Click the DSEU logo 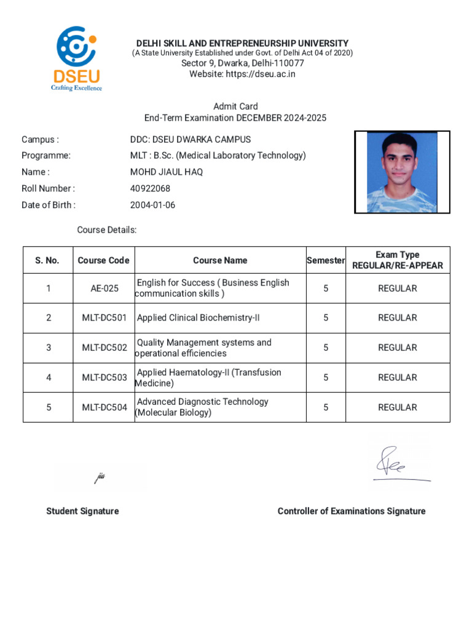point(76,58)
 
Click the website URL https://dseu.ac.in point(264,74)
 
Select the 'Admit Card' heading point(235,106)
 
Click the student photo point(402,172)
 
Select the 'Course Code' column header point(103,260)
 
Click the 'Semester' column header point(326,260)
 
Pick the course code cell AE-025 point(104,289)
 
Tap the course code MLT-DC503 point(104,378)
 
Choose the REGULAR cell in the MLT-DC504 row point(397,407)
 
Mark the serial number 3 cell point(49,348)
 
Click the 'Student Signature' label point(82,511)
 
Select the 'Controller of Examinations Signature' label point(351,511)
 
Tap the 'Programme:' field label point(46,156)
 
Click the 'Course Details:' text point(106,230)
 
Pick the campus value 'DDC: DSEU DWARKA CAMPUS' point(186,140)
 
